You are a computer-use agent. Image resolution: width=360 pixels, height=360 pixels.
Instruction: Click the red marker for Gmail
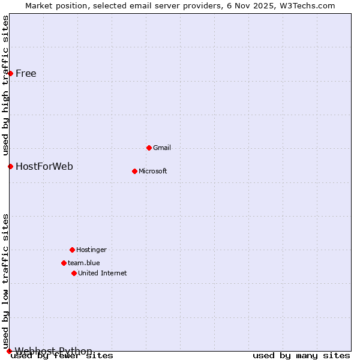coord(149,148)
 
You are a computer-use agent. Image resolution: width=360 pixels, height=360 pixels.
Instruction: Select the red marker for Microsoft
coord(134,171)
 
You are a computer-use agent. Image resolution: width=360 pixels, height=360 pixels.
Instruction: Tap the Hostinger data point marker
coord(72,250)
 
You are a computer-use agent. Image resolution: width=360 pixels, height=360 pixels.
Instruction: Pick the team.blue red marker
coord(64,263)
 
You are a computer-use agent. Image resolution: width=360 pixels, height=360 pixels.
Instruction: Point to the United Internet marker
coord(74,273)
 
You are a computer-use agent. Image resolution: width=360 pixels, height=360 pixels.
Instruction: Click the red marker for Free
coord(10,73)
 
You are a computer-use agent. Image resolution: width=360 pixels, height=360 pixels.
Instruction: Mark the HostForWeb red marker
coord(10,166)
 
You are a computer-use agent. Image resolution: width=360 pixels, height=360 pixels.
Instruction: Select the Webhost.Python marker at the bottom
coord(9,351)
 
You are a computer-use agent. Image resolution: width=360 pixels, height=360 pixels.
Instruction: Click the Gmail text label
coord(162,148)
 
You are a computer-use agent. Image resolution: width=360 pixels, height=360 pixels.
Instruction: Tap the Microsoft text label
coord(152,171)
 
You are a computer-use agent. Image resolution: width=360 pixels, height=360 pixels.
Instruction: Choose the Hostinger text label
coord(91,250)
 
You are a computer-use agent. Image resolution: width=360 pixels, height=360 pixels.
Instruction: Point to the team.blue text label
coord(83,263)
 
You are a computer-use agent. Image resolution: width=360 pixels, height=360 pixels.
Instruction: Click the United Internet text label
coord(102,273)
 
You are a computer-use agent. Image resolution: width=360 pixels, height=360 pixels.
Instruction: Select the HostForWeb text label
coord(44,166)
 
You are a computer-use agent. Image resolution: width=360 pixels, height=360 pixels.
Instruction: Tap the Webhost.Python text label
coord(53,351)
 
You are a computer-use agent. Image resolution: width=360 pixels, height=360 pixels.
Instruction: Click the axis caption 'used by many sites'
coord(301,356)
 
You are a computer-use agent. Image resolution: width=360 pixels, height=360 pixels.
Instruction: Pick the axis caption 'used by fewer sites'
coord(62,356)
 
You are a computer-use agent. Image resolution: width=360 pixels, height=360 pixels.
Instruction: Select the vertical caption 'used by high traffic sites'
coord(5,85)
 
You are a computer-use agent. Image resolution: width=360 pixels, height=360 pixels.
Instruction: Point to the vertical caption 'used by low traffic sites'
coord(5,281)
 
